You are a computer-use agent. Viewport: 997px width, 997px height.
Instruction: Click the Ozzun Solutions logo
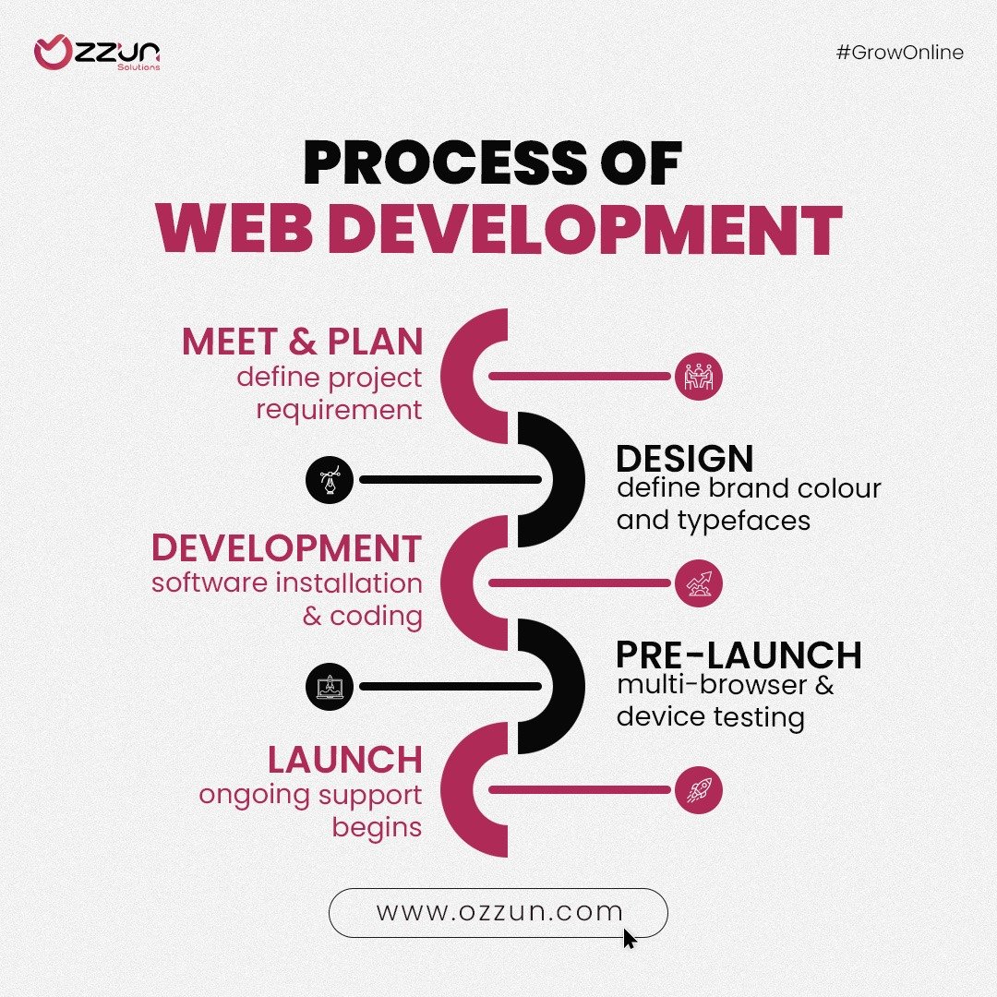(x=97, y=53)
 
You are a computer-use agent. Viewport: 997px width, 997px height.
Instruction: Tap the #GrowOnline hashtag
(x=900, y=52)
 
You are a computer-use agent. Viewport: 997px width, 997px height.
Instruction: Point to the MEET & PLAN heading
(x=303, y=342)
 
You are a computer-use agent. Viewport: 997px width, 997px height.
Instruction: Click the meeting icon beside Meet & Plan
(x=698, y=377)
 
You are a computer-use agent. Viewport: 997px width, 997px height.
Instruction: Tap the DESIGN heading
(x=685, y=459)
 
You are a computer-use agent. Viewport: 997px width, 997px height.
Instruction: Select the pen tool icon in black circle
(x=330, y=479)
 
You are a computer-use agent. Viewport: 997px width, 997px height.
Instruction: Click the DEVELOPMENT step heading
(x=287, y=548)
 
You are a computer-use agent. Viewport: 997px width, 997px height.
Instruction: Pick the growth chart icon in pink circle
(x=698, y=583)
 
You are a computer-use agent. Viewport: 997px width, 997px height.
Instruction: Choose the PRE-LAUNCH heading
(x=739, y=655)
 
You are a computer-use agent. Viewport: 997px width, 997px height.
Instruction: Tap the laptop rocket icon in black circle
(x=330, y=687)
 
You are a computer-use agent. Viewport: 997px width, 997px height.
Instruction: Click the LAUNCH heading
(x=345, y=759)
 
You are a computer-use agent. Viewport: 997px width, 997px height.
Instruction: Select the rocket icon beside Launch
(x=698, y=790)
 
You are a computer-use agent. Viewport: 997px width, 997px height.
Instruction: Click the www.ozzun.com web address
(x=499, y=911)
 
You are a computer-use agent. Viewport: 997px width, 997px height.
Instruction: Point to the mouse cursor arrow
(x=630, y=939)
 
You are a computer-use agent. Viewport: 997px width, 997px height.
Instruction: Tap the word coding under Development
(x=377, y=617)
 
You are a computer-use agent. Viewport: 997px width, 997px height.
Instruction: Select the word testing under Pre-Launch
(x=759, y=717)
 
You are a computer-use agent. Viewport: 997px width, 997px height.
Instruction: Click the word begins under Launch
(x=377, y=828)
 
